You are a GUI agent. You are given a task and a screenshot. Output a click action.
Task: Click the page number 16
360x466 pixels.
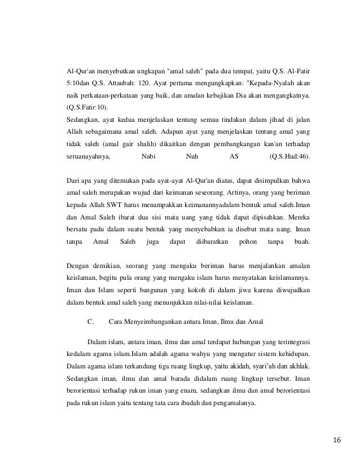coord(337,439)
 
